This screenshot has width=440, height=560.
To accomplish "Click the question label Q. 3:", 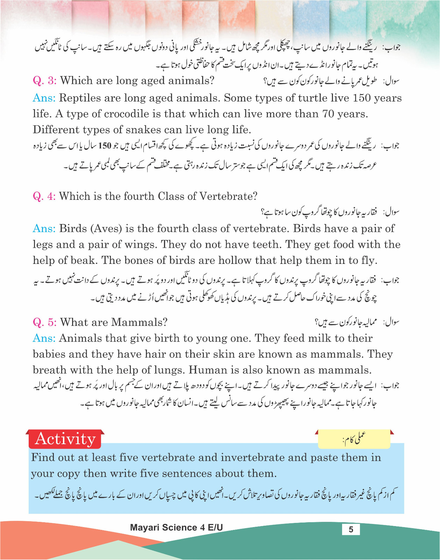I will tap(44, 81).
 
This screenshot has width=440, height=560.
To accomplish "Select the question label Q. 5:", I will tap(44, 322).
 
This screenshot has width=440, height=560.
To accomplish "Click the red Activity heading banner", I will tap(65, 439).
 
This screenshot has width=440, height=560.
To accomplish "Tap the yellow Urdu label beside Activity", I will tap(354, 439).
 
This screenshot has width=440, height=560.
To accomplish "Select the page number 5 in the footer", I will tap(351, 530).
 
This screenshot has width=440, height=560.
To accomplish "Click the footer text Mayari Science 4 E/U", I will tap(176, 528).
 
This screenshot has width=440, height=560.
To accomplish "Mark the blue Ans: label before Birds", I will tap(44, 229).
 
